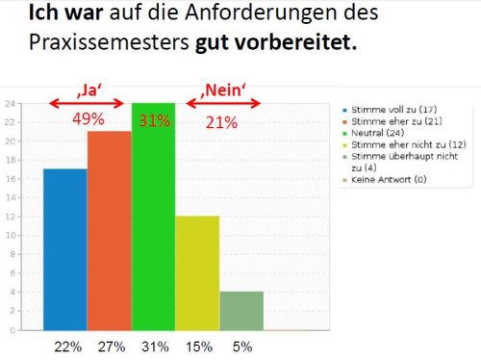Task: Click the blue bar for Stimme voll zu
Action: (64, 249)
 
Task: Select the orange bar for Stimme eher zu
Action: (109, 231)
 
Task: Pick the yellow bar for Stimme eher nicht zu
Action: (197, 273)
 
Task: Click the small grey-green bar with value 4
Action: (241, 311)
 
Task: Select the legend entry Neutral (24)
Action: (368, 133)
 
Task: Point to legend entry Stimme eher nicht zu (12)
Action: (387, 145)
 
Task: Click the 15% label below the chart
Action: (199, 344)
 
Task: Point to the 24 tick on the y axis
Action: (9, 103)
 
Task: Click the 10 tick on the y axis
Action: (9, 236)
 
